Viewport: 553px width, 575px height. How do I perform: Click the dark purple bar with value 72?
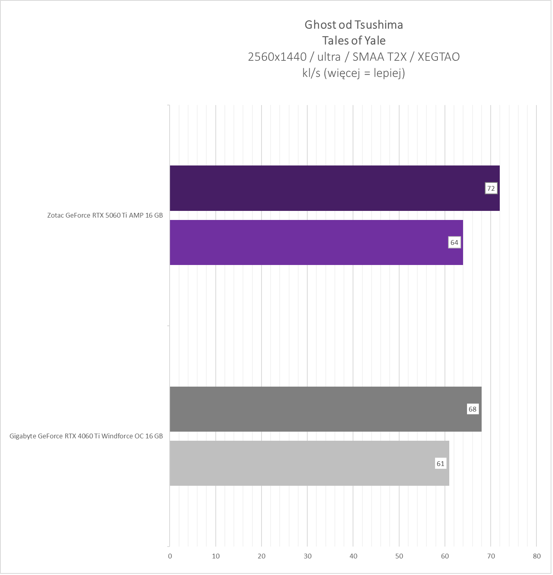click(334, 188)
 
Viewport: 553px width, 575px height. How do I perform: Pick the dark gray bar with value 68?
click(325, 409)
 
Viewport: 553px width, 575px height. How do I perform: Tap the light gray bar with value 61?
click(309, 463)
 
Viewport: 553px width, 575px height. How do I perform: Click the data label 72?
click(491, 188)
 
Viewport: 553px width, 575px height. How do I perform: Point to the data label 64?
click(454, 242)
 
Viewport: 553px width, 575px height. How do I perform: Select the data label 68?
click(473, 409)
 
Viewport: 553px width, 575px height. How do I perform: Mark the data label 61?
click(441, 464)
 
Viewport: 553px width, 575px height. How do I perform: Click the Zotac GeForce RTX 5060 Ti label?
click(105, 216)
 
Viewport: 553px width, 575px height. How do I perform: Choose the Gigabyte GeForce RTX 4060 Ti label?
click(86, 436)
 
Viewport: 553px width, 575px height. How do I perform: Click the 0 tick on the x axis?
click(170, 556)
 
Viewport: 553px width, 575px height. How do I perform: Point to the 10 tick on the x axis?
click(216, 556)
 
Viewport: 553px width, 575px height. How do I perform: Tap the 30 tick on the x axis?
click(308, 556)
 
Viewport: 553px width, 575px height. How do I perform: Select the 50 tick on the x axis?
click(399, 556)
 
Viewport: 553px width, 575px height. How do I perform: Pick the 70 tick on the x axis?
click(491, 556)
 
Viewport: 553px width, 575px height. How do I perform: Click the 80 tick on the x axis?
click(536, 556)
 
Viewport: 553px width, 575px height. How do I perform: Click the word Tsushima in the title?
click(378, 25)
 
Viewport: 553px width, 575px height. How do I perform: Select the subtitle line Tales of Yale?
click(354, 41)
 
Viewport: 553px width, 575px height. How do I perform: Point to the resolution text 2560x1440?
click(277, 57)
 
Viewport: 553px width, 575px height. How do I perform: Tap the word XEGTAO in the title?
click(438, 57)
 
